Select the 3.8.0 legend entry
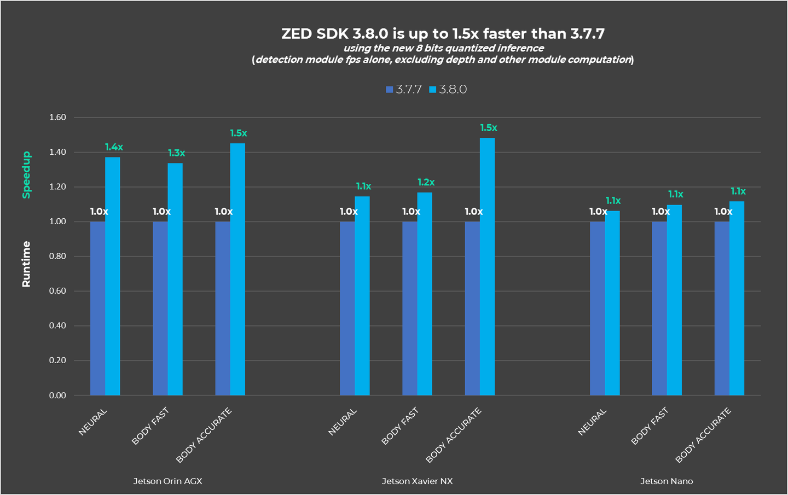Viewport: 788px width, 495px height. [x=448, y=89]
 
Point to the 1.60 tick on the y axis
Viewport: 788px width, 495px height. [x=57, y=117]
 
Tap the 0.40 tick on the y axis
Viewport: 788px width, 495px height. [x=57, y=325]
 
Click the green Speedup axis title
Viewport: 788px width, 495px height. [x=26, y=174]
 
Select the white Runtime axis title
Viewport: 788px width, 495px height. [x=26, y=264]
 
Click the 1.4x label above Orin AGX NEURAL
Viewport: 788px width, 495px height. [x=114, y=147]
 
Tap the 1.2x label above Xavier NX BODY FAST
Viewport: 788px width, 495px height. [x=426, y=182]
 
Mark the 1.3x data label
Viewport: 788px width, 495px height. [x=176, y=153]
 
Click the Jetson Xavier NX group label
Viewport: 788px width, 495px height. [x=417, y=481]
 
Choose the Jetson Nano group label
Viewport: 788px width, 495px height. [x=667, y=481]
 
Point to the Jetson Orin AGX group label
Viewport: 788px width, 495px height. [x=167, y=481]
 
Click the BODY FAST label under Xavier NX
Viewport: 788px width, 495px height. [x=401, y=426]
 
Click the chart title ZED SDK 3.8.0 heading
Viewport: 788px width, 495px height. [x=443, y=34]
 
